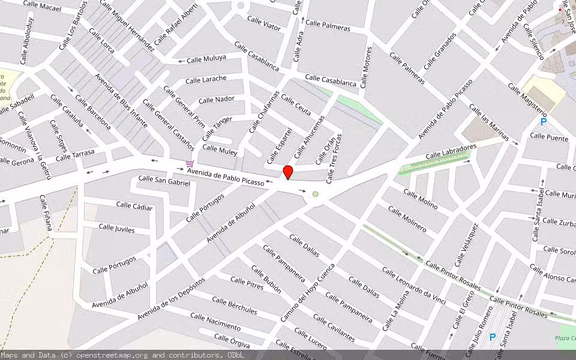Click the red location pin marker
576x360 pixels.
tap(288, 172)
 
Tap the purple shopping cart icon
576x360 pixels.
tap(190, 163)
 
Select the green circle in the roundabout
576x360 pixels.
tap(315, 194)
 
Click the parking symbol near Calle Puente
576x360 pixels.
tap(544, 122)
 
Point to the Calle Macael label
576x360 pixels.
tap(42, 8)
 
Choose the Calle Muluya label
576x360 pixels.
tap(206, 58)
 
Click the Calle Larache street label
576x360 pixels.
tap(206, 79)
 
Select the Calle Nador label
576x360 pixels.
tap(217, 100)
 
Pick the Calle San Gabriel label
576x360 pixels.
tap(164, 180)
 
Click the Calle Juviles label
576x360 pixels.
tap(116, 228)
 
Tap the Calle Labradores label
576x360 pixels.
tap(451, 151)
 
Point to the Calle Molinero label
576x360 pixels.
tap(407, 219)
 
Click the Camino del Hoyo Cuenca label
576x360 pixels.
tap(316, 292)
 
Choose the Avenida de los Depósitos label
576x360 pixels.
tap(171, 298)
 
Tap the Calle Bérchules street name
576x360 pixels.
tap(234, 305)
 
